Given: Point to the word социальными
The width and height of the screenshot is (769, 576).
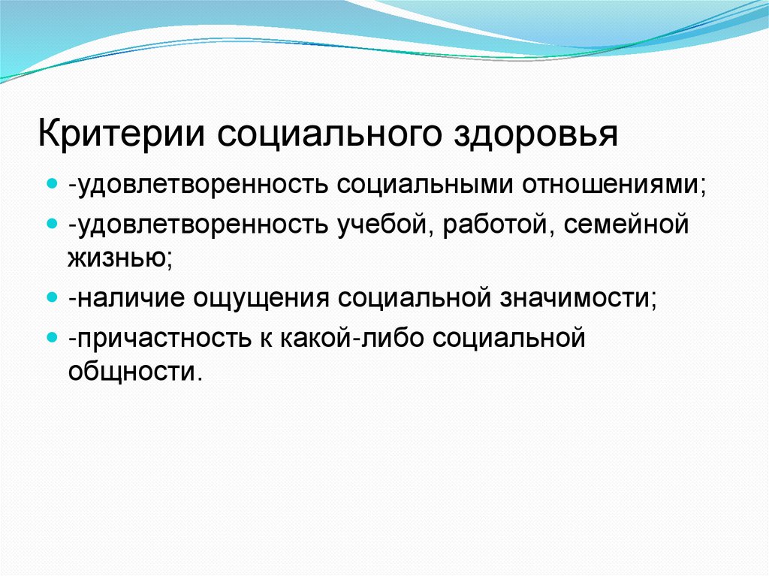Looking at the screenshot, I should pos(420,184).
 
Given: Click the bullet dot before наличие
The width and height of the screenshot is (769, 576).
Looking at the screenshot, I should pos(52,297).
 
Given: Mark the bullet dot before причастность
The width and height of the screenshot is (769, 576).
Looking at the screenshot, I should pos(52,338).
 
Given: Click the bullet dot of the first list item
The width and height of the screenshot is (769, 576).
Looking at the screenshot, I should pos(52,184).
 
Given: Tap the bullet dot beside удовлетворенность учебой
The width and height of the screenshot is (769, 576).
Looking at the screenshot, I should pos(52,225).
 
